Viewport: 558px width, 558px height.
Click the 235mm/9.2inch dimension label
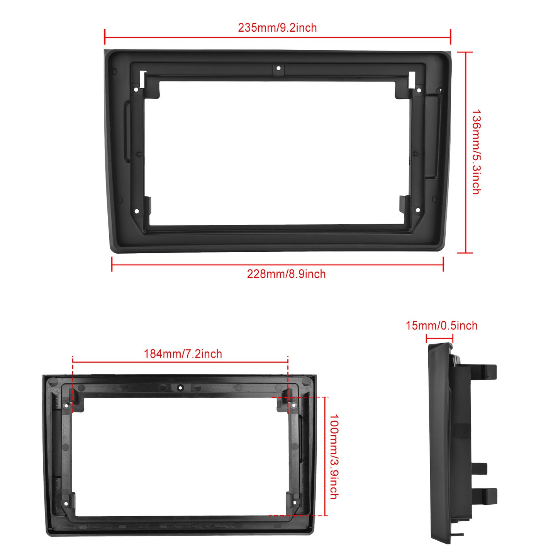(277, 28)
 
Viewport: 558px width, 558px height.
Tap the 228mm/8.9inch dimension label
(286, 274)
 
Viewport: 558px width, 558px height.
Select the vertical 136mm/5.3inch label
(477, 152)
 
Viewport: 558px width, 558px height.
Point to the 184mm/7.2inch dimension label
(183, 354)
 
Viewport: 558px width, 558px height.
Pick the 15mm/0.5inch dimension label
(441, 326)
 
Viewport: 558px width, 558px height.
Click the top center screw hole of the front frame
(278, 68)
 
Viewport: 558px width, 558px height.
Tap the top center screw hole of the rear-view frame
(180, 387)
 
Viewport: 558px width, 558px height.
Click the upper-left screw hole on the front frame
(136, 90)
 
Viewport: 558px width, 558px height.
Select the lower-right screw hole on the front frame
(417, 210)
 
